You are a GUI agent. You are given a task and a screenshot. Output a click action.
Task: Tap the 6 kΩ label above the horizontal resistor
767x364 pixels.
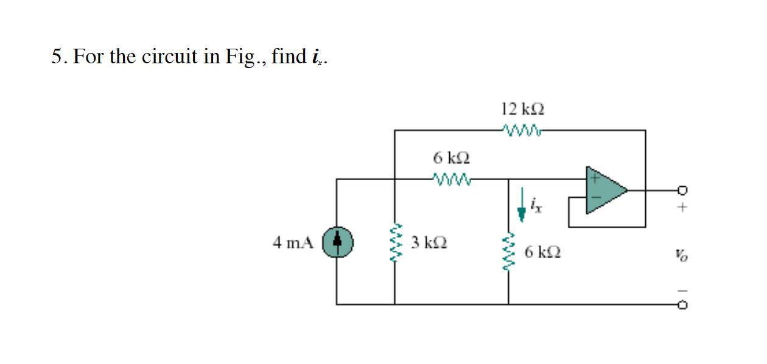pyautogui.click(x=452, y=158)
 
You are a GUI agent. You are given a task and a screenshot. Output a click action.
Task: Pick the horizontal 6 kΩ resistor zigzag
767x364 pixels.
pyautogui.click(x=451, y=180)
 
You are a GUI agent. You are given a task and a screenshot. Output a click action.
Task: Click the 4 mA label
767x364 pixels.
pyautogui.click(x=293, y=243)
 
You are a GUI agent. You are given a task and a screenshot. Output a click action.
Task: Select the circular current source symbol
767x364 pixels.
pyautogui.click(x=339, y=242)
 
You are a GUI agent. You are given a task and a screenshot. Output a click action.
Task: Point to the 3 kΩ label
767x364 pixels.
pyautogui.click(x=429, y=242)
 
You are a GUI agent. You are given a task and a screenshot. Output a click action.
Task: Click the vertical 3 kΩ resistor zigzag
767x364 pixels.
pyautogui.click(x=395, y=243)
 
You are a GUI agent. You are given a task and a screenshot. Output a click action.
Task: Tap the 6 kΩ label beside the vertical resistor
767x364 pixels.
pyautogui.click(x=542, y=251)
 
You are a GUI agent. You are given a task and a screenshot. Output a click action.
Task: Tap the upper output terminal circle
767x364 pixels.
pyautogui.click(x=682, y=190)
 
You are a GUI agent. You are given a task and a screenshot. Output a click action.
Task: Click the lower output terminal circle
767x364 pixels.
pyautogui.click(x=682, y=304)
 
